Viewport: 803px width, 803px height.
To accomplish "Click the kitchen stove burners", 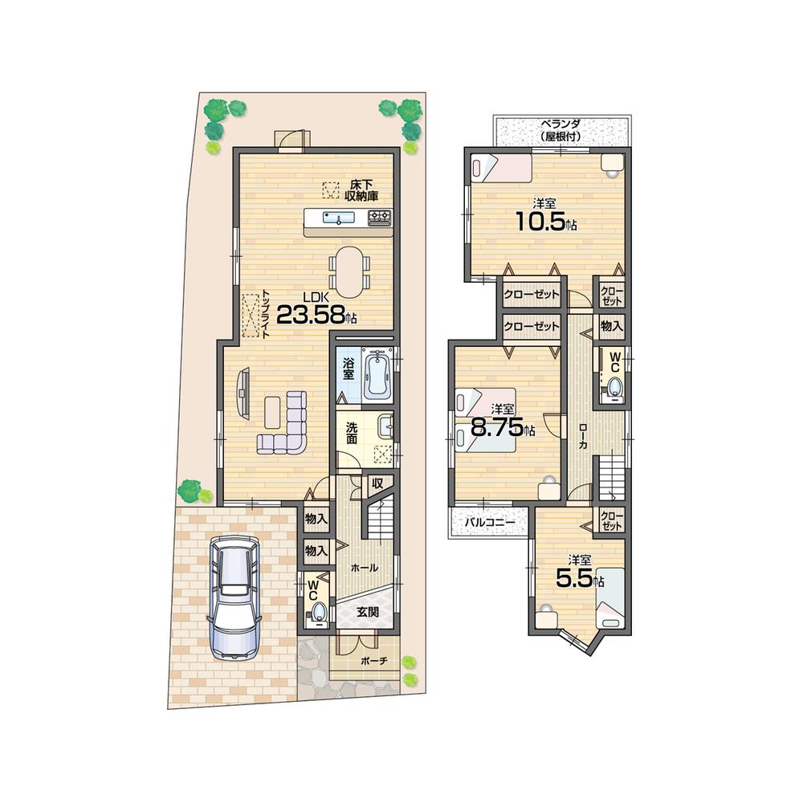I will [x=379, y=217].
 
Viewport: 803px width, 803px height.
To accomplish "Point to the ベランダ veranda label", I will [x=560, y=130].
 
